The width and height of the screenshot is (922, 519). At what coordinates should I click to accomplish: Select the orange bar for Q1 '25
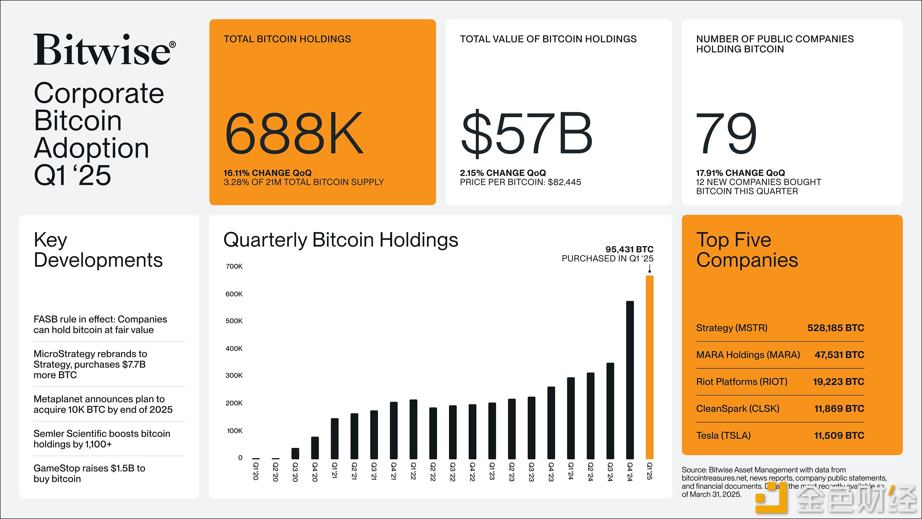649,367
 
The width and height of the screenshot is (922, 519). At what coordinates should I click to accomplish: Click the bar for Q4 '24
630,380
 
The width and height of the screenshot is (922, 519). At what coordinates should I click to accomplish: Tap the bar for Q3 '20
295,453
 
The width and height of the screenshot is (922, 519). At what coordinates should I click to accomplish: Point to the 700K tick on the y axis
234,266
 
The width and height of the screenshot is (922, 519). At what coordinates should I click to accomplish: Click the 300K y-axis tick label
234,375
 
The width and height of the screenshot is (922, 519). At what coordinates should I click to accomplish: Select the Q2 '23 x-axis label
511,472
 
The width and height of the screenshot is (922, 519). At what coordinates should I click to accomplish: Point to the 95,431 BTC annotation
629,249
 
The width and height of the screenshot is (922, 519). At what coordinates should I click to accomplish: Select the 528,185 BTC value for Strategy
835,328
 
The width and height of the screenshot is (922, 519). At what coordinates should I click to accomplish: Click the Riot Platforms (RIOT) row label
742,382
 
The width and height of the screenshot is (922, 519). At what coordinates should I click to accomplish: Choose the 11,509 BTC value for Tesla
839,436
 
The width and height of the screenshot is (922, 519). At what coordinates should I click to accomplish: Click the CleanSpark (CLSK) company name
737,408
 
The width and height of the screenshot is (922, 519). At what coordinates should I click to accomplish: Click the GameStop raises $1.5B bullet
89,473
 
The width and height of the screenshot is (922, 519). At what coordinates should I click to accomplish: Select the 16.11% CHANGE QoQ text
267,173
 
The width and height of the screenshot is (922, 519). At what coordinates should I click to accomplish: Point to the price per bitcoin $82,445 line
520,182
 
